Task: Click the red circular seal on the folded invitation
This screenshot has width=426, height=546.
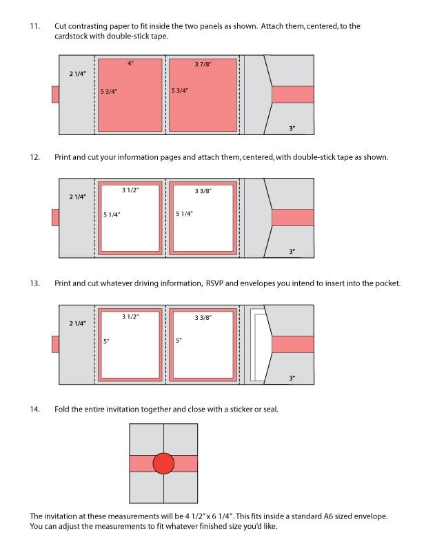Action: click(163, 463)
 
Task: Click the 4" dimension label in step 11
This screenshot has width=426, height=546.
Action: click(130, 63)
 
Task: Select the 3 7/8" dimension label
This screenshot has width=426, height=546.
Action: click(203, 64)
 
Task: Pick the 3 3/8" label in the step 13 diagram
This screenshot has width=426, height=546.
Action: click(203, 317)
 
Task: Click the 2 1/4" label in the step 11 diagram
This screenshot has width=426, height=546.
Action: click(78, 73)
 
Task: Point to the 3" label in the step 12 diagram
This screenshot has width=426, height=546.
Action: click(292, 252)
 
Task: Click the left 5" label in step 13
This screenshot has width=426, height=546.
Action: click(105, 341)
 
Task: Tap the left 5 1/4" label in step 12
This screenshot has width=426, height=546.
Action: click(112, 214)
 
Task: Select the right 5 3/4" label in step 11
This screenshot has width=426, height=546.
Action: click(180, 90)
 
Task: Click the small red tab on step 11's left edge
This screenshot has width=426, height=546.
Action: click(55, 94)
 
